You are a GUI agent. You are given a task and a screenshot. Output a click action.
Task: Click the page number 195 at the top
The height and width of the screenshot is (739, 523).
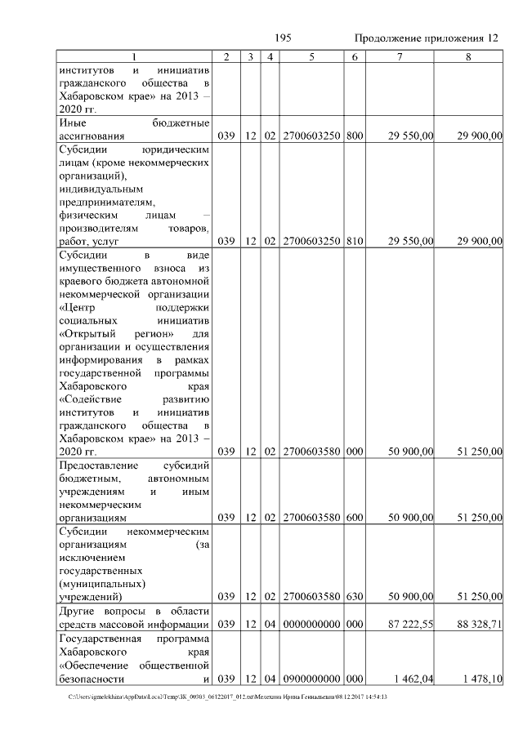coord(283,38)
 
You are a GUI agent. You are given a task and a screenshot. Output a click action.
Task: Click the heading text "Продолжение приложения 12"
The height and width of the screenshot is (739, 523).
coord(426,38)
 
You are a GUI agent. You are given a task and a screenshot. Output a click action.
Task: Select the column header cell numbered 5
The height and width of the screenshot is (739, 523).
coord(312,56)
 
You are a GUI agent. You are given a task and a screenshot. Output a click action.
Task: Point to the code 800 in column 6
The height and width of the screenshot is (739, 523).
coord(354,136)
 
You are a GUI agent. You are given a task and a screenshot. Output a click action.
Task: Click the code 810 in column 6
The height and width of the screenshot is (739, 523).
coord(354,241)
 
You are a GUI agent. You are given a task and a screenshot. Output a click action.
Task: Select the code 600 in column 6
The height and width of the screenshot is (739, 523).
coord(354,517)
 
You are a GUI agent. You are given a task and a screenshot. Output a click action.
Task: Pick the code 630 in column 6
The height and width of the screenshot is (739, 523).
coord(354,597)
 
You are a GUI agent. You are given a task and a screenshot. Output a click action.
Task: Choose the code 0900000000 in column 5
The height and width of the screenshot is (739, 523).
coord(312,679)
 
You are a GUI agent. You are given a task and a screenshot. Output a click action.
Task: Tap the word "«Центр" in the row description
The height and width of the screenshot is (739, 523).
coord(78,309)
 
